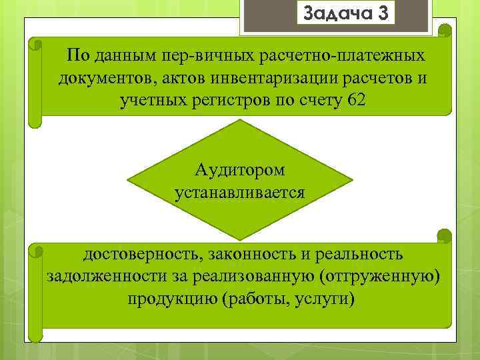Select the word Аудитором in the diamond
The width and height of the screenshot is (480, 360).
point(240,169)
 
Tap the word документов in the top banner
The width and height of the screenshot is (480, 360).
point(105,78)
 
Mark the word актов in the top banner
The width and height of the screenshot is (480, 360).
point(181,78)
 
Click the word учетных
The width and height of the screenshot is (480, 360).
point(150,100)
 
